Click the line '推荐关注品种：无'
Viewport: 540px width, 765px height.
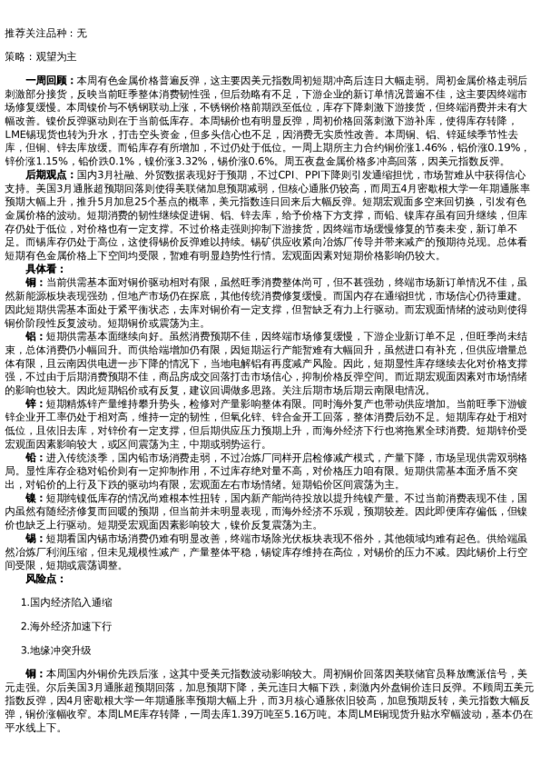46,33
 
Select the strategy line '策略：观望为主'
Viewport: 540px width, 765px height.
41,55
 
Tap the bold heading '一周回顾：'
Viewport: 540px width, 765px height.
52,80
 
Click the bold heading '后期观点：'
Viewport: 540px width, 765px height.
52,173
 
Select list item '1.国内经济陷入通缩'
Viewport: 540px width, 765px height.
66,602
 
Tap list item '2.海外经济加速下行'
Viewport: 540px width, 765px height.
66,626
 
